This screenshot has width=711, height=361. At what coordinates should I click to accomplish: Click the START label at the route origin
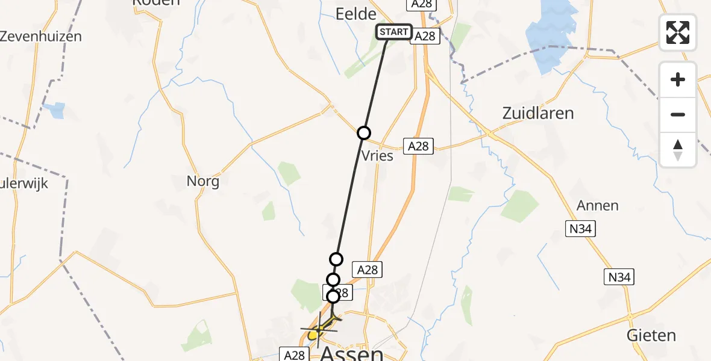(394, 32)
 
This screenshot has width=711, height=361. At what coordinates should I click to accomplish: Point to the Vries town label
(377, 156)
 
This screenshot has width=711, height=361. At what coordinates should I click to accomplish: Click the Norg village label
(203, 180)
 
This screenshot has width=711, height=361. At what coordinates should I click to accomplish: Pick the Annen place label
(598, 205)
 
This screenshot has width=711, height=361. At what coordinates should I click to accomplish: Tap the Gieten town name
(651, 335)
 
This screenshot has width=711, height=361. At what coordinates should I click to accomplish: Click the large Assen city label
(352, 353)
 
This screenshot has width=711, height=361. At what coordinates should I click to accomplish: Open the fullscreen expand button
(678, 32)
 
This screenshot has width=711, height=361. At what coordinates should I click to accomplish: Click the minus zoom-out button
(678, 114)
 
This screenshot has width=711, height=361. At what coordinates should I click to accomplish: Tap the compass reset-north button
(678, 149)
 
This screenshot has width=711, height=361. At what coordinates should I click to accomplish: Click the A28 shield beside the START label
(425, 36)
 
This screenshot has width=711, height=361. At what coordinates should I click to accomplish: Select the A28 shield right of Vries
(418, 146)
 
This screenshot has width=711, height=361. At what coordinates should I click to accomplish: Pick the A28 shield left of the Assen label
(294, 355)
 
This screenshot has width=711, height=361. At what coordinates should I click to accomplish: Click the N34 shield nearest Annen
(578, 227)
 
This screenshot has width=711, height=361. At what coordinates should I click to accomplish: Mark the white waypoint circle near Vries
(364, 133)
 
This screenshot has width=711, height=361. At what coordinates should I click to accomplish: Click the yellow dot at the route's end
(313, 334)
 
